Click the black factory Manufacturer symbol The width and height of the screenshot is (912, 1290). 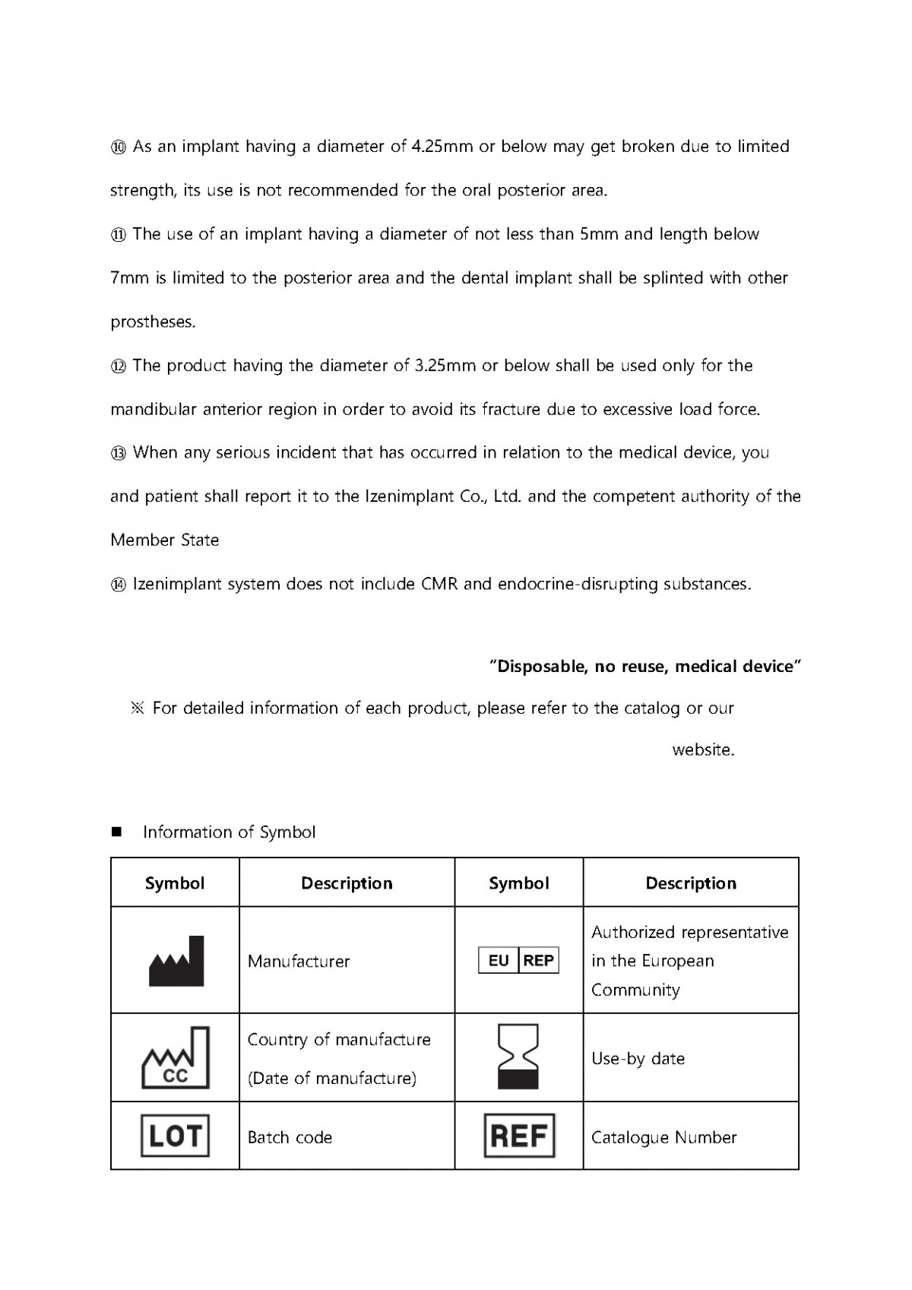click(x=176, y=962)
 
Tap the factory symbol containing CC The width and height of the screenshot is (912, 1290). click(x=176, y=1058)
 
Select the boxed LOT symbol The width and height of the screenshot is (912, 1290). click(x=175, y=1136)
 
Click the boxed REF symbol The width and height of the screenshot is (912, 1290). click(x=519, y=1136)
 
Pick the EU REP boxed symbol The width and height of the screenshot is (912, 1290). click(x=518, y=961)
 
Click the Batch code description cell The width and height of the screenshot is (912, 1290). click(x=290, y=1138)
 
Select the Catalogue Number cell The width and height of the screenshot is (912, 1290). click(x=663, y=1138)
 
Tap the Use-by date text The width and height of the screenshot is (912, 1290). click(x=638, y=1059)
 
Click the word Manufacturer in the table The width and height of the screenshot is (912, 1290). click(x=299, y=962)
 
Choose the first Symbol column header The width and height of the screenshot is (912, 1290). click(x=175, y=883)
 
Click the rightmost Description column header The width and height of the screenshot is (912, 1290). click(x=691, y=883)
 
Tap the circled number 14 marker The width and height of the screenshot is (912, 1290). click(x=119, y=585)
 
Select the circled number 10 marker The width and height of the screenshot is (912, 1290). click(x=119, y=147)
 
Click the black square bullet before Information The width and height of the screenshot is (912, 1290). click(x=117, y=832)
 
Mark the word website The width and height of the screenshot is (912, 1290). click(x=703, y=750)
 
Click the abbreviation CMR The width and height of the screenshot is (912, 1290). click(x=438, y=585)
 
